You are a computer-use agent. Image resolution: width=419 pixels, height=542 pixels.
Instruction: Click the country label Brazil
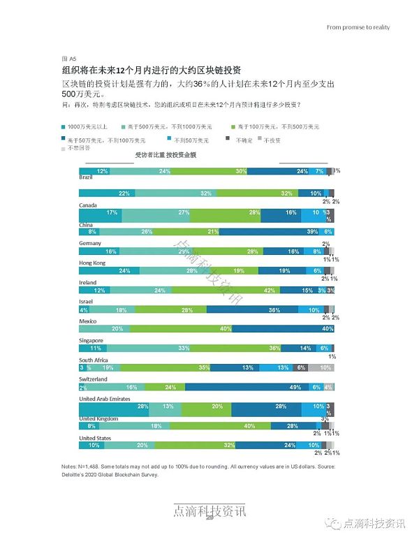[x=87, y=179]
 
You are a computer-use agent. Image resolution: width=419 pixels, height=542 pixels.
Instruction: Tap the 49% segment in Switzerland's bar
[x=294, y=388]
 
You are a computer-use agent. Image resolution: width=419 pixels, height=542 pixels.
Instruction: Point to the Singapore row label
[x=91, y=340]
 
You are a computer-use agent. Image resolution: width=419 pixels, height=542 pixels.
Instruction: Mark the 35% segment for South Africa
[x=205, y=367]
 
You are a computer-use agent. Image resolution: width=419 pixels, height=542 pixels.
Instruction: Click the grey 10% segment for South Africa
[x=325, y=367]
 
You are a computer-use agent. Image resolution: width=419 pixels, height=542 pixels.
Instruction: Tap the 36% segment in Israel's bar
[x=274, y=309]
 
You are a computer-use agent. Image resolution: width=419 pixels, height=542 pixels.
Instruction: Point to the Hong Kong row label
[x=92, y=263]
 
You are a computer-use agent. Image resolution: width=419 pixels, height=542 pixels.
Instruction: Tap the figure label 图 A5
[x=68, y=60]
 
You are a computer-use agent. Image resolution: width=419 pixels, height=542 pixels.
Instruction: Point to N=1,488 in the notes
[x=91, y=467]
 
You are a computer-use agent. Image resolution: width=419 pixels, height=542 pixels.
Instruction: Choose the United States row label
[x=96, y=438]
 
